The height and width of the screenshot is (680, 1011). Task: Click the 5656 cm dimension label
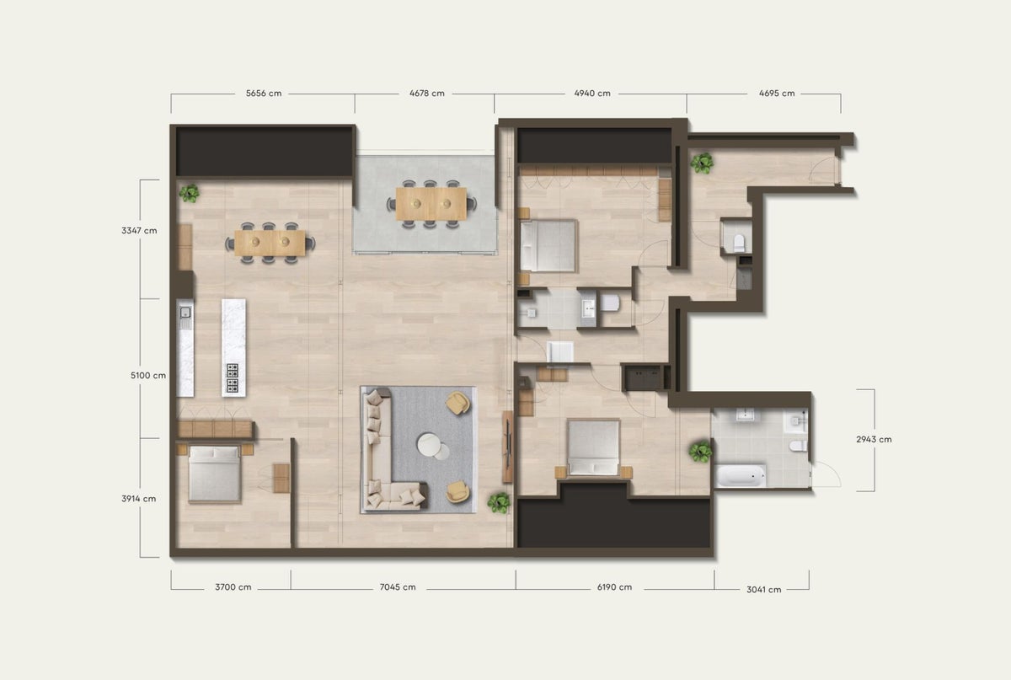coord(264,94)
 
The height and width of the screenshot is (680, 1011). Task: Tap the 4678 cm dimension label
coord(426,94)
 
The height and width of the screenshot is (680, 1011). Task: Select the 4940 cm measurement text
coord(592,94)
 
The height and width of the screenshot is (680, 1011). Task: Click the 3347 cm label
coord(139,230)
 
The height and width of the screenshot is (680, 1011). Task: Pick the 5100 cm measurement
coord(139,375)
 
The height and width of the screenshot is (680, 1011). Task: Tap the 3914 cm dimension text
coord(139,498)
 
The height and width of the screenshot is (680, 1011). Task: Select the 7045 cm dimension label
coord(398,587)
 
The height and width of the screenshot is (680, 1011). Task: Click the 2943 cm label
coord(873,439)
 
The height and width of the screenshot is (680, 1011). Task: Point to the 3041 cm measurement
coord(762,589)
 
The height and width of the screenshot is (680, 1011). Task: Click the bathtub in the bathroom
coord(741,476)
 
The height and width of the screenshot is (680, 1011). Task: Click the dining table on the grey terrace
coord(431,202)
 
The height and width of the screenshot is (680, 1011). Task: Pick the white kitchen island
coord(233,347)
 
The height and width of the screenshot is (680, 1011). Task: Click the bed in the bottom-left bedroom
coord(214,474)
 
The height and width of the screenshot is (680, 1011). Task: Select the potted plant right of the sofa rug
coord(499,502)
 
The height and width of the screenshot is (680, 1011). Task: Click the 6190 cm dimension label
coord(614,587)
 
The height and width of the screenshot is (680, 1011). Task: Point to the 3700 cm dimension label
coord(233,587)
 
